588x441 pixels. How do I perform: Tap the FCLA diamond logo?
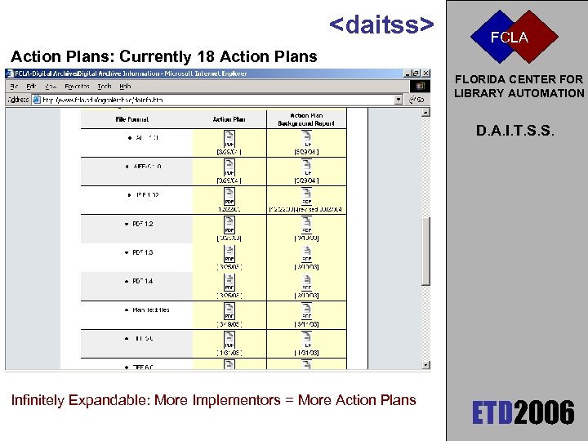tap(509, 37)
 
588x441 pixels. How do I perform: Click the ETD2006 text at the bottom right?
tap(523, 412)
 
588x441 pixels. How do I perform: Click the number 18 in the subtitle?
tap(205, 56)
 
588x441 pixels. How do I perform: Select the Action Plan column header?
tap(229, 119)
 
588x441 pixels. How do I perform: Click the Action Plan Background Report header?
tap(306, 119)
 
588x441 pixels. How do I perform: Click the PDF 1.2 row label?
tap(142, 224)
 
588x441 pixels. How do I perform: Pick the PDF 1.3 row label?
tap(142, 252)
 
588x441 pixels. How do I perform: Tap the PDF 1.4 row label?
tap(142, 281)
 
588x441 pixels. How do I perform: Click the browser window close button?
tap(425, 73)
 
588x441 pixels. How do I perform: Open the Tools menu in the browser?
tap(104, 86)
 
